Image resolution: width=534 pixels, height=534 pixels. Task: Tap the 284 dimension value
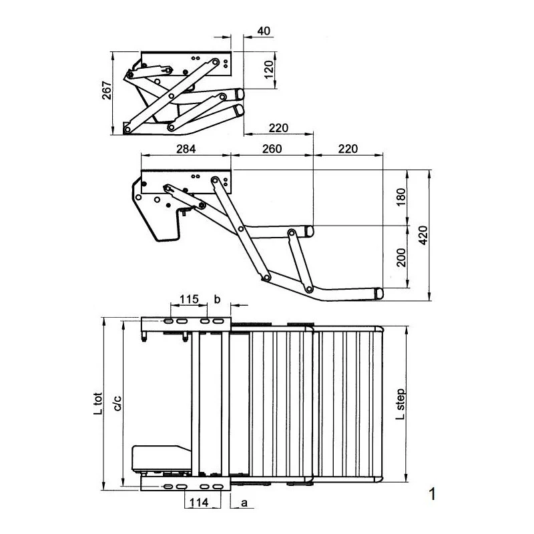186,148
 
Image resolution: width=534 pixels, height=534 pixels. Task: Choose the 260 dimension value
271,148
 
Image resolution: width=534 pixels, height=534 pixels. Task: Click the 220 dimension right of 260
347,148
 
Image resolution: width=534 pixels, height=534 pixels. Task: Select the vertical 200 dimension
401,257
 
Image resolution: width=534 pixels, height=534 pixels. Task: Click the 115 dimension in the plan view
189,299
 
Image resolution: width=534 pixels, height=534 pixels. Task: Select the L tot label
98,403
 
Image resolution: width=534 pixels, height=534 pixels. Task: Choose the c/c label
117,403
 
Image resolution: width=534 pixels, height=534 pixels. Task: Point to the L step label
400,403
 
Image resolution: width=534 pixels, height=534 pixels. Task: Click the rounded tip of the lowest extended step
378,293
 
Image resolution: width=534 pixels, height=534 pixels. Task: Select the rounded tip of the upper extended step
309,231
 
